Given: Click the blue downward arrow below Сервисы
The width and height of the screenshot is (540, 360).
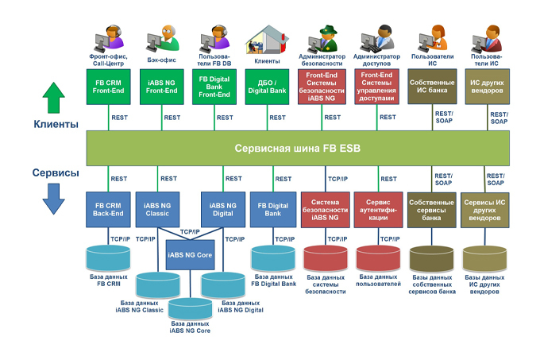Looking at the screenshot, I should coord(53,198).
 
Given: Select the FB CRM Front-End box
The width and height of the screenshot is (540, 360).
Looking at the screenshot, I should coord(108,87).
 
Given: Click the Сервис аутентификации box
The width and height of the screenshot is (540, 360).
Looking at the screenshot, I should coord(377,209).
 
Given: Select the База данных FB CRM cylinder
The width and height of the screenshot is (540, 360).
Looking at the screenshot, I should coord(109,259).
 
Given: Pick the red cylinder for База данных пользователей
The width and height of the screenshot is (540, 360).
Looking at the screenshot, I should coord(377,259).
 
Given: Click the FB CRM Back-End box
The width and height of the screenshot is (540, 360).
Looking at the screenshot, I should coord(109,209).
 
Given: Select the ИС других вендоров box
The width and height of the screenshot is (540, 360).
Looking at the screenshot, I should coord(485,87).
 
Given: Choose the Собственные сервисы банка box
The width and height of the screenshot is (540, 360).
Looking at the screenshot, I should coord(431,209).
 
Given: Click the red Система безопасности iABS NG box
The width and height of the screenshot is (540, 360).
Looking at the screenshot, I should coord(324,209).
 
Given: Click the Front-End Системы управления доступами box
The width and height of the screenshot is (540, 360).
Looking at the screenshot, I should coord(377,87).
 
